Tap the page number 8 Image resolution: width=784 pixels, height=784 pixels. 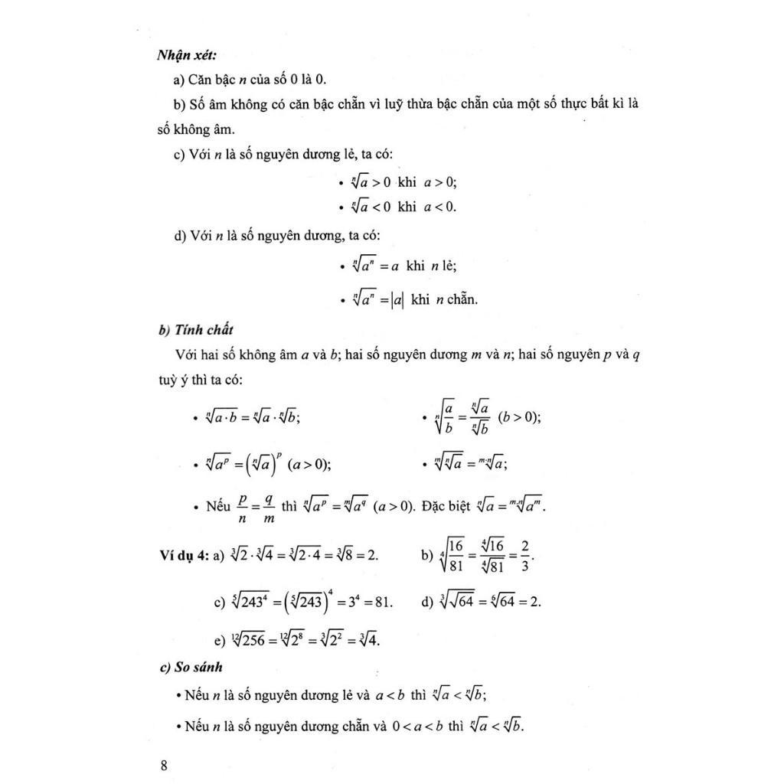(x=163, y=766)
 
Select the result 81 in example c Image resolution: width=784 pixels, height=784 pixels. (x=381, y=602)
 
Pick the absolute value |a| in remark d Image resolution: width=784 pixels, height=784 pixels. (x=397, y=300)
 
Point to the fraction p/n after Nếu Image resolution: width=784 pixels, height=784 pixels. (x=243, y=507)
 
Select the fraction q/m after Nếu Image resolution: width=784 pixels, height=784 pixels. (x=269, y=507)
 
